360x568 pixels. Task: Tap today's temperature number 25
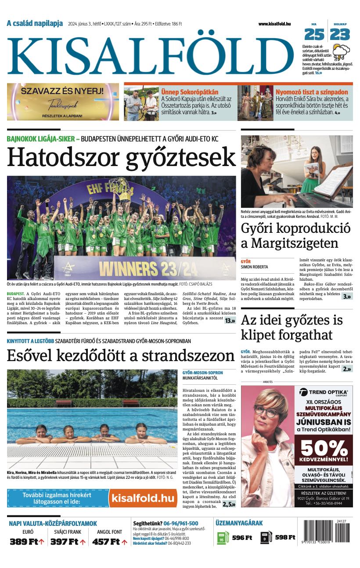point(314,34)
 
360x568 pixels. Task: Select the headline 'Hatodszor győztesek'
point(121,157)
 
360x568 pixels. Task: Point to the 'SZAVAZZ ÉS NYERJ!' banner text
point(62,92)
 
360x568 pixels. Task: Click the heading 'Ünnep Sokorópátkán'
point(190,92)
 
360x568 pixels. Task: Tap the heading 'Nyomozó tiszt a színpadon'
point(312,92)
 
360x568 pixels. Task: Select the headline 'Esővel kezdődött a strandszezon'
point(121,355)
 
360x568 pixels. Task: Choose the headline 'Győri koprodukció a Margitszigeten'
point(296,236)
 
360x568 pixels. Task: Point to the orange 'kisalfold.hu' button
point(143,498)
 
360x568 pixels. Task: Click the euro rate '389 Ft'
point(25,542)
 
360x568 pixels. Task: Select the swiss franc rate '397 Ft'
point(65,542)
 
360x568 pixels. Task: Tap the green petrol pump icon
point(223,537)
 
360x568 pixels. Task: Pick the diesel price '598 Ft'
point(285,537)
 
